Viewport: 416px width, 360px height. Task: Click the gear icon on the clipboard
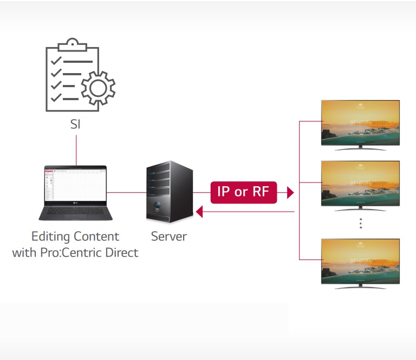[98, 87]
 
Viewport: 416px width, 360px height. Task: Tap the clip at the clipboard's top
[73, 44]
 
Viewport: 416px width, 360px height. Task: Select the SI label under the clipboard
[76, 124]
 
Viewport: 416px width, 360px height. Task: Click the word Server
[168, 237]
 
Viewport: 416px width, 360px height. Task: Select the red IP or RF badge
[244, 192]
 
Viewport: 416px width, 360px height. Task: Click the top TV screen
[360, 122]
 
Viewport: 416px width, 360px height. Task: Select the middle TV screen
[360, 182]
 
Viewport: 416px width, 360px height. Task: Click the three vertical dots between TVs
[360, 224]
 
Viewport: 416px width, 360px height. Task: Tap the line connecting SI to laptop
[76, 149]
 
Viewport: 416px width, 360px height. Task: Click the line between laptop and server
[126, 192]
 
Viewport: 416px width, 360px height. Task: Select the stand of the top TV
[360, 147]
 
